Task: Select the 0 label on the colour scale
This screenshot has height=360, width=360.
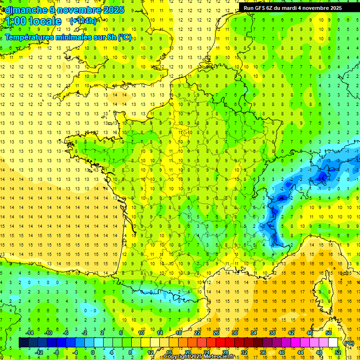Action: point(93,352)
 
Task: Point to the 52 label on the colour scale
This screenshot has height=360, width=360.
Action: point(337,352)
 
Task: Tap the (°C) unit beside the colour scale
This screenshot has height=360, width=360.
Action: point(348,343)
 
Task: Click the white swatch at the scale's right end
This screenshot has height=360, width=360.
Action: point(333,343)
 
